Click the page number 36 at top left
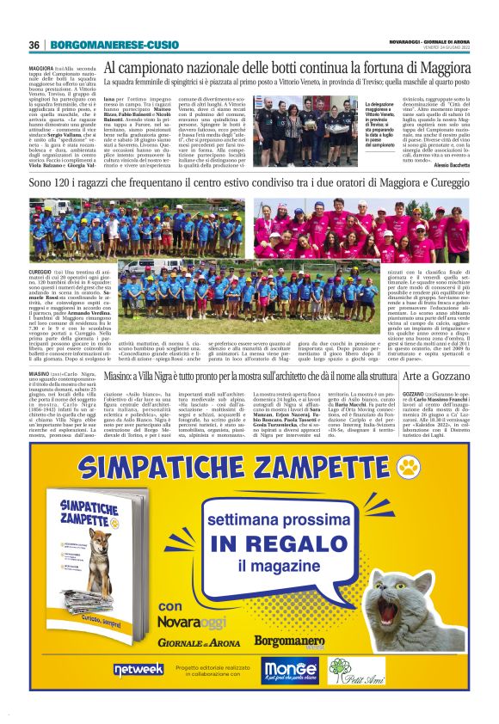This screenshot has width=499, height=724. tap(34, 45)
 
